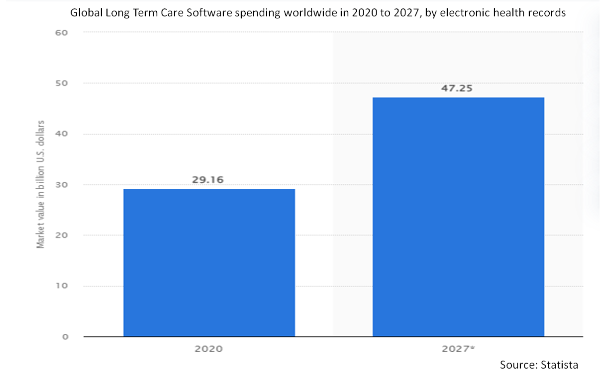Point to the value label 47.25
click(x=458, y=89)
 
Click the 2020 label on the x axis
click(x=209, y=349)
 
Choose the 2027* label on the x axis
click(x=458, y=349)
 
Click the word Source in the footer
click(x=516, y=365)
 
